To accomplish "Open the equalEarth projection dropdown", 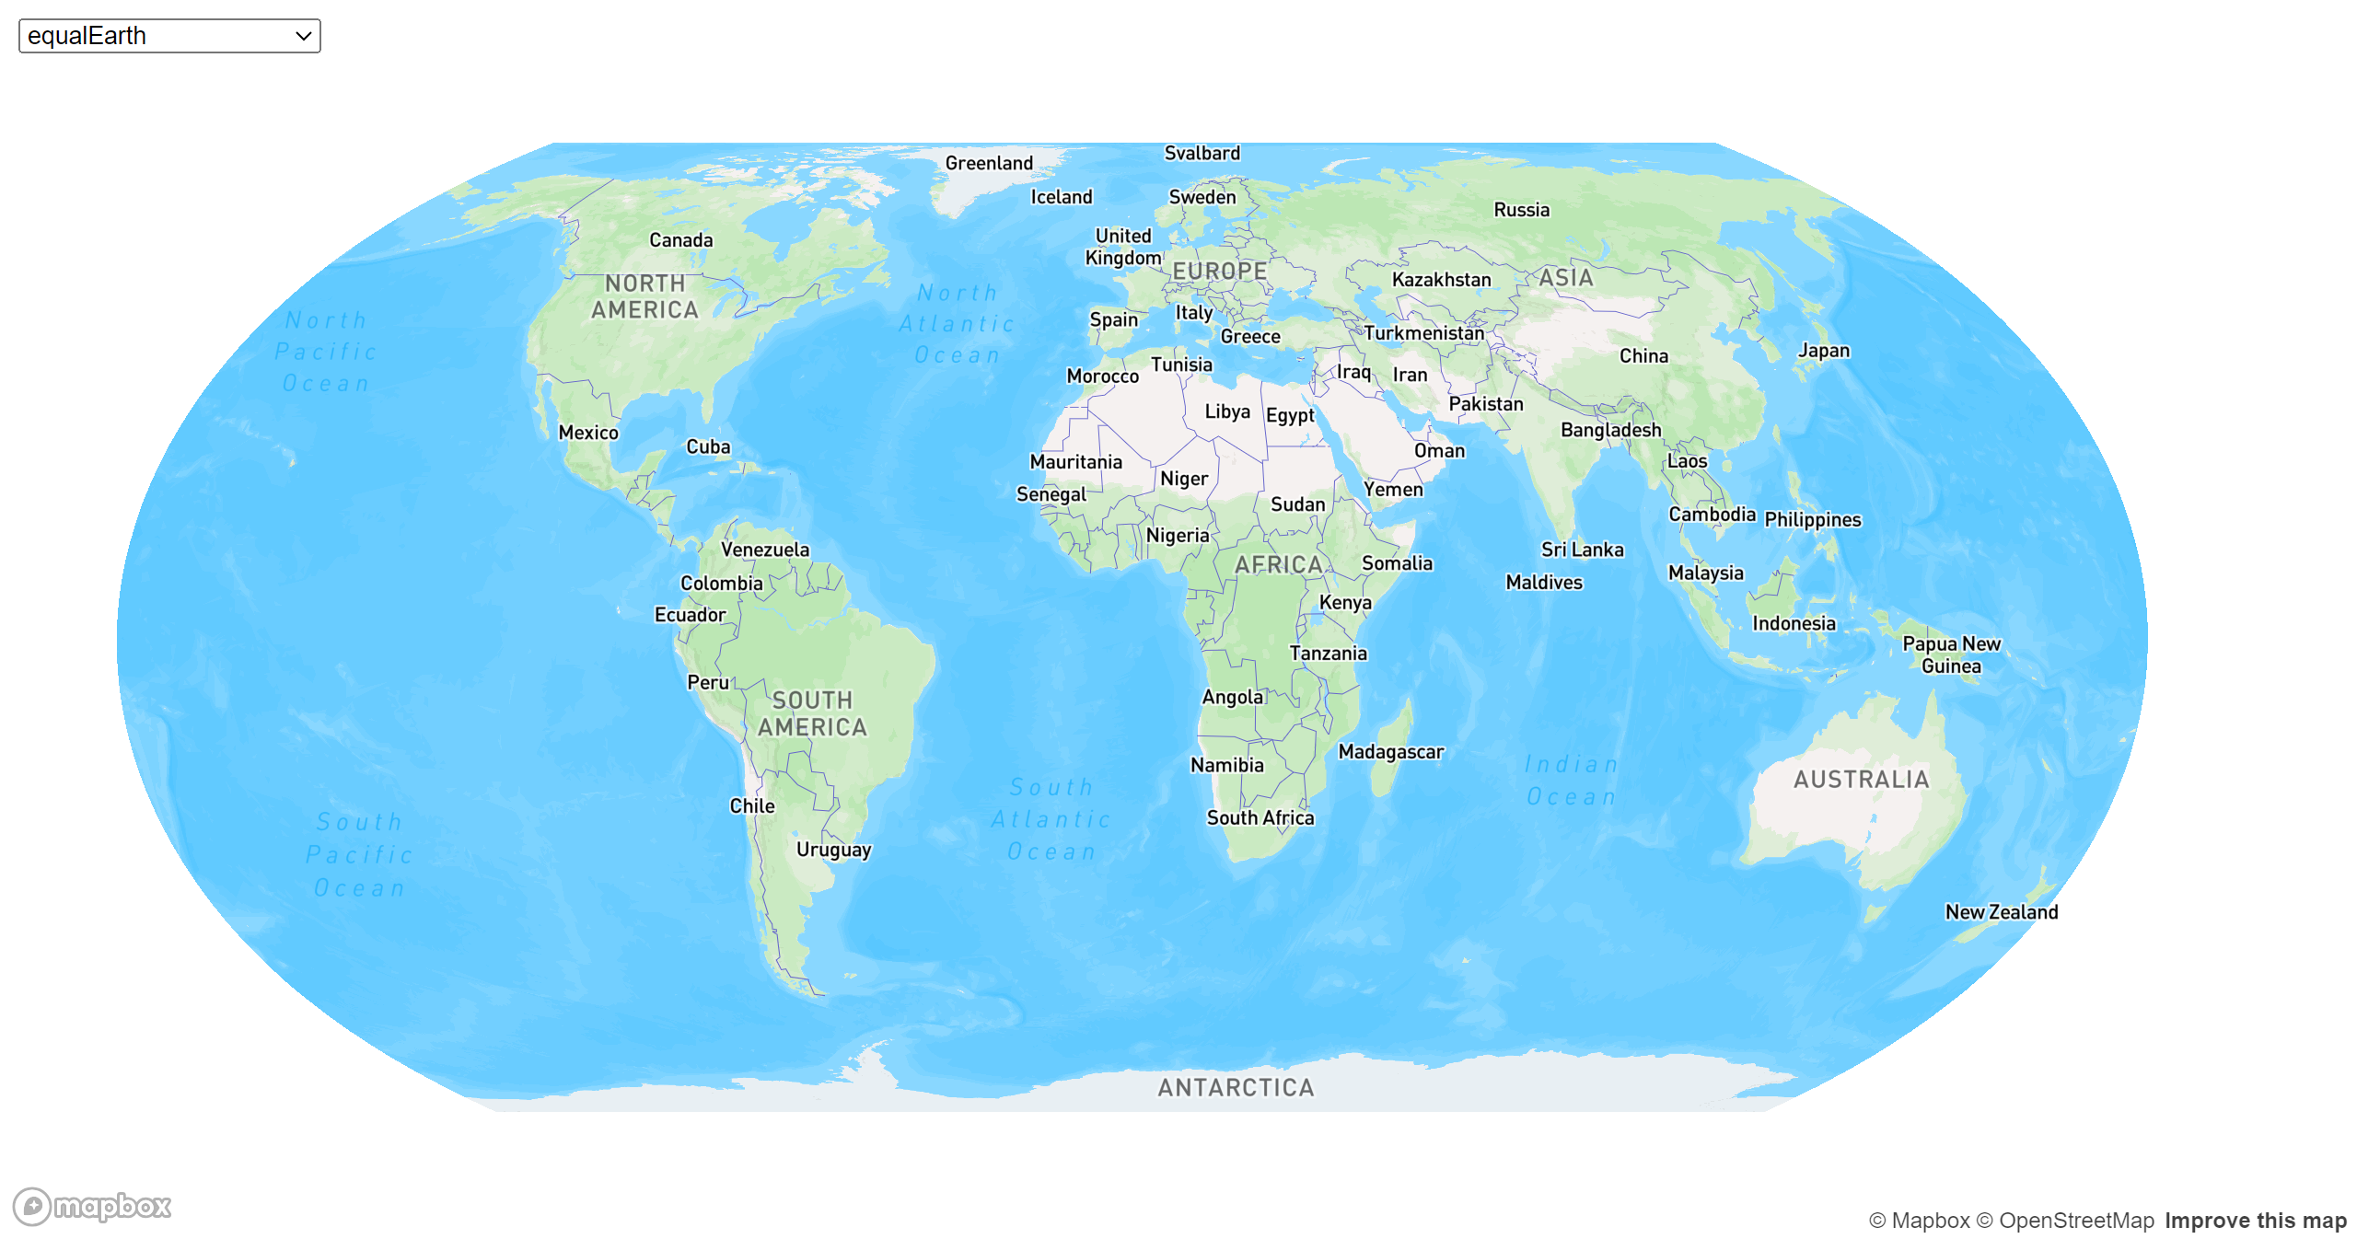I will point(169,36).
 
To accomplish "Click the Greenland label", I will point(989,163).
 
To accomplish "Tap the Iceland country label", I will point(1061,197).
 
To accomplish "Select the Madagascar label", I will point(1390,752).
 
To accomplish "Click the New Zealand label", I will point(2001,912).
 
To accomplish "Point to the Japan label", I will point(1823,351).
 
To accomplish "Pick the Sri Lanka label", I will point(1582,550).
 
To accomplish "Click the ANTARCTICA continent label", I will point(1236,1088).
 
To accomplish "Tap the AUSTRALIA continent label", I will point(1861,780).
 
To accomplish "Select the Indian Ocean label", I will point(1571,781).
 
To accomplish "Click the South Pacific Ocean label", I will point(359,854).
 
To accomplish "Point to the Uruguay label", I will point(833,850).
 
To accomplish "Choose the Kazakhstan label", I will point(1441,280).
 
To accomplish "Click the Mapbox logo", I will point(93,1206).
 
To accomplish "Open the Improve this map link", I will point(2255,1221).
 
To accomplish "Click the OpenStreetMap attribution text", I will point(2075,1221).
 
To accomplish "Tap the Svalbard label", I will point(1202,154).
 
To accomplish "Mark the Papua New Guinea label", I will point(1951,654).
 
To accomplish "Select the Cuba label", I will point(708,447).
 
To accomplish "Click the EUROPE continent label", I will point(1219,272).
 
